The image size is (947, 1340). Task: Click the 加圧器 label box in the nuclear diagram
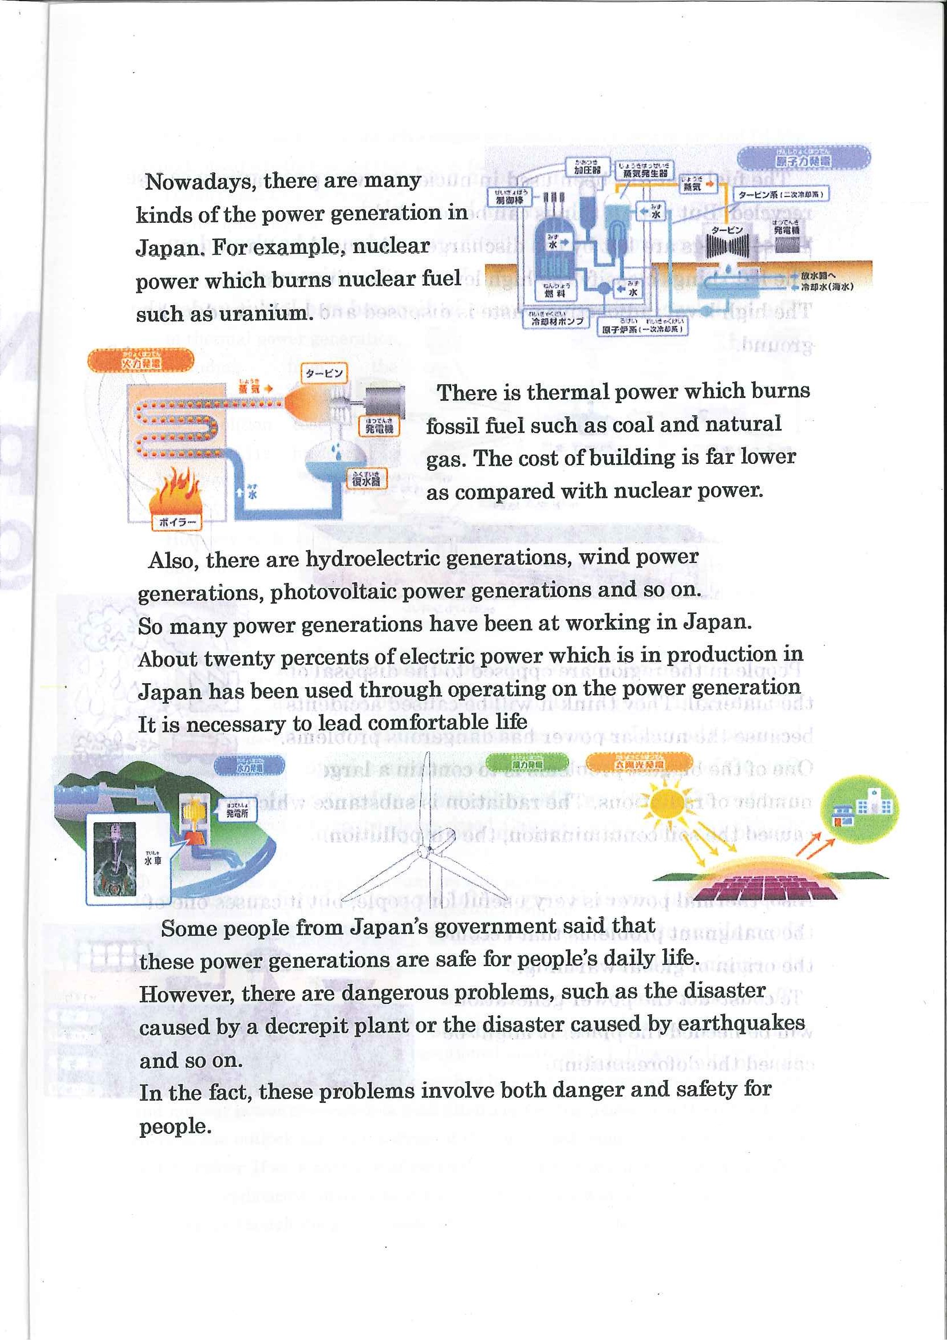[x=587, y=169]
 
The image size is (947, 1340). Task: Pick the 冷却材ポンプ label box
[x=557, y=321]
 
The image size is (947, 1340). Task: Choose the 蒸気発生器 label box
[x=645, y=172]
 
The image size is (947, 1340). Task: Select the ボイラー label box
[x=176, y=522]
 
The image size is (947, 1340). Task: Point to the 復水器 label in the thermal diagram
[x=366, y=479]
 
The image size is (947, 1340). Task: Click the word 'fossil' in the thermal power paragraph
[x=452, y=426]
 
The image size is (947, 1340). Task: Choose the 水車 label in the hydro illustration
[x=153, y=860]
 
